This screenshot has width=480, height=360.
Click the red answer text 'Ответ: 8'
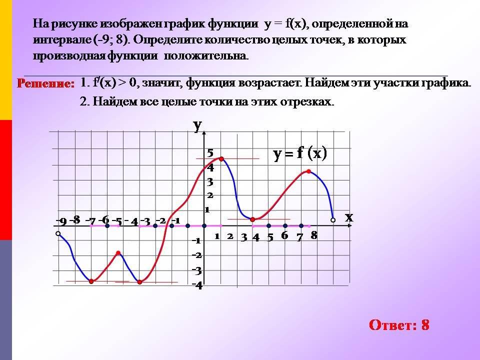pyautogui.click(x=399, y=325)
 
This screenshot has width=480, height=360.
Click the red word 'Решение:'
pyautogui.click(x=46, y=83)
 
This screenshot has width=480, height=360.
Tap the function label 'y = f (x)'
pyautogui.click(x=300, y=153)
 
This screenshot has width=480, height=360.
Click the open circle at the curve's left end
pyautogui.click(x=58, y=234)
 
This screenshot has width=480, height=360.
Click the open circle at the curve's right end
pyautogui.click(x=333, y=220)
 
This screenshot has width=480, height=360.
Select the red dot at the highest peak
pyautogui.click(x=221, y=159)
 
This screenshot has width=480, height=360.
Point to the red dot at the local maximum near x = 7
pyautogui.click(x=308, y=171)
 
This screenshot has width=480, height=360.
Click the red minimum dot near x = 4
pyautogui.click(x=252, y=219)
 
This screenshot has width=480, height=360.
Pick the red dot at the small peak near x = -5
pyautogui.click(x=118, y=253)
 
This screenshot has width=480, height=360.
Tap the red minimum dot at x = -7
pyautogui.click(x=91, y=281)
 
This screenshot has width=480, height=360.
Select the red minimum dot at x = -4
pyautogui.click(x=139, y=282)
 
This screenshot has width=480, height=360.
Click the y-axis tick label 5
pyautogui.click(x=210, y=152)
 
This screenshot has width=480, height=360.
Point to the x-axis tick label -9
pyautogui.click(x=61, y=221)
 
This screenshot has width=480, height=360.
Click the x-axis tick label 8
pyautogui.click(x=314, y=235)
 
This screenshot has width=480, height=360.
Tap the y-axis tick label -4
pyautogui.click(x=197, y=285)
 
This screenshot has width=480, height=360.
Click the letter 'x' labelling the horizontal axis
pyautogui.click(x=349, y=217)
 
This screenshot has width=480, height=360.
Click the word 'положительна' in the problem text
pyautogui.click(x=206, y=56)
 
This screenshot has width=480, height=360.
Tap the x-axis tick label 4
pyautogui.click(x=256, y=237)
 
